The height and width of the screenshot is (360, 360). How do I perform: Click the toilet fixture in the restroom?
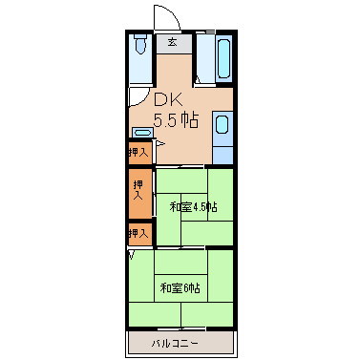(140, 43)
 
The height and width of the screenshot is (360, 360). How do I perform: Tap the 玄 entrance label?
(173, 42)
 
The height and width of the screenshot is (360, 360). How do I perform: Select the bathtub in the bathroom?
(223, 58)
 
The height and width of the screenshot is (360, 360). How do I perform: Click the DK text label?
(168, 100)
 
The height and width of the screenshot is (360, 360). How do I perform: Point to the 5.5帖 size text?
(177, 120)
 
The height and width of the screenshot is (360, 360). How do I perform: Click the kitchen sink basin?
(222, 124)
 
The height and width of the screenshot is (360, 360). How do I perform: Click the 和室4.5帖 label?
(194, 207)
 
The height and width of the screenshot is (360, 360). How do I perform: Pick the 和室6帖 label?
(180, 288)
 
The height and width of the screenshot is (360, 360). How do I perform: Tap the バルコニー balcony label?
(175, 344)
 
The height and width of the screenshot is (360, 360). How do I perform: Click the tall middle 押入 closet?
(140, 193)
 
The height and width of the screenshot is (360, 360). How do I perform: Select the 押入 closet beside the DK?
(140, 153)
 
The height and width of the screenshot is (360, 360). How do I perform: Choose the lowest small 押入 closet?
(140, 234)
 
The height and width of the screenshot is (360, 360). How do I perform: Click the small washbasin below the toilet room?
(142, 133)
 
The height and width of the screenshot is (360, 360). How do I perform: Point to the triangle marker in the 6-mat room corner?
(132, 255)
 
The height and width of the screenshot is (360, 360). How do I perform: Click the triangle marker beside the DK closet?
(160, 144)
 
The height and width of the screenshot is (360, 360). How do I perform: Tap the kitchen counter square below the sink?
(222, 156)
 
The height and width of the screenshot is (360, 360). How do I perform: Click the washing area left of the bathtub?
(205, 58)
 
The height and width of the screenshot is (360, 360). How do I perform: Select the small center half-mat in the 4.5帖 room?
(195, 207)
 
